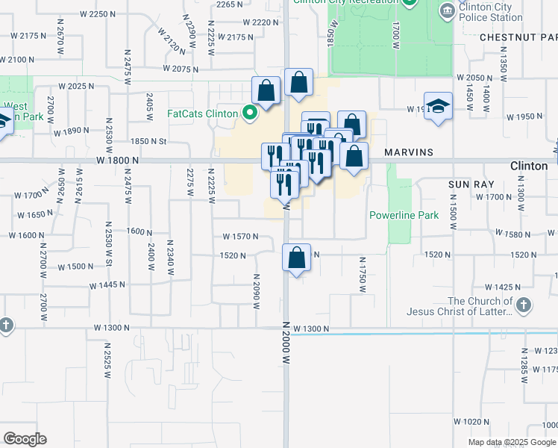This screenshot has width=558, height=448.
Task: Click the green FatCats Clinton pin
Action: tap(250, 114)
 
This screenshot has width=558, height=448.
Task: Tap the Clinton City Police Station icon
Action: tap(447, 10)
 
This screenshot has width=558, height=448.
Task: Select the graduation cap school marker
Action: tap(439, 106)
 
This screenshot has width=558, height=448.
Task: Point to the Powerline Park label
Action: tap(404, 215)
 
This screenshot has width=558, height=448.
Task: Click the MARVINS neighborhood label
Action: tap(409, 152)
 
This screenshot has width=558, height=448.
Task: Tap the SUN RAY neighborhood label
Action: tap(468, 183)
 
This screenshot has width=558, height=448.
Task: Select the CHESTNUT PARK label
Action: tap(518, 37)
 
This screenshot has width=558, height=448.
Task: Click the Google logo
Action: tap(25, 439)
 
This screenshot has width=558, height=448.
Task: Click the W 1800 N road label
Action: tap(117, 161)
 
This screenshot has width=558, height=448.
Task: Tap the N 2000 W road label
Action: tap(286, 343)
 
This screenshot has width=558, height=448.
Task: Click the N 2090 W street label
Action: tap(256, 291)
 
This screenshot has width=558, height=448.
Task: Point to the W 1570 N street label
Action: tap(240, 237)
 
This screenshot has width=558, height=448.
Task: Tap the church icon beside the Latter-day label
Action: tap(524, 305)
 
